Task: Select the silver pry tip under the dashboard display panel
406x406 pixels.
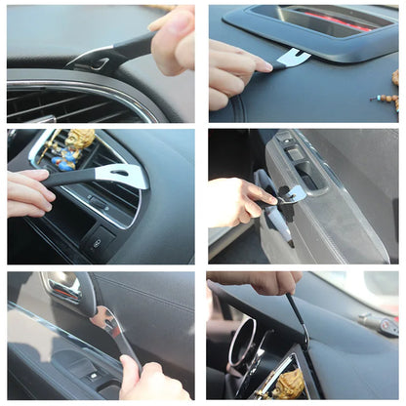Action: click(x=293, y=59)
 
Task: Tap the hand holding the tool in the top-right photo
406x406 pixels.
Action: click(x=234, y=73)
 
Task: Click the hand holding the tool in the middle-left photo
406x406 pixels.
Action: click(x=29, y=193)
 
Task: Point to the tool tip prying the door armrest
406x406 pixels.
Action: click(x=291, y=194)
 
